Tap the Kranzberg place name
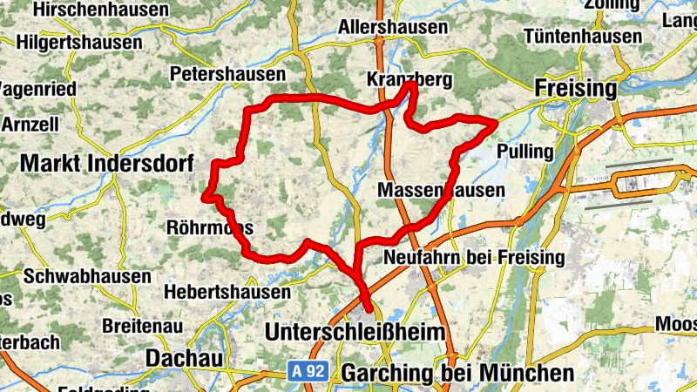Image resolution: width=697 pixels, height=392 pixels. point(409,80)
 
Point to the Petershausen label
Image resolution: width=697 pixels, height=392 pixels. point(228,73)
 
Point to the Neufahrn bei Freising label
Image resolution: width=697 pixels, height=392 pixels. point(474,257)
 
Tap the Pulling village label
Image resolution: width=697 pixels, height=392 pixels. point(524,152)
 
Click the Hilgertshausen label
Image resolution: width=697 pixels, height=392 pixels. point(79,42)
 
